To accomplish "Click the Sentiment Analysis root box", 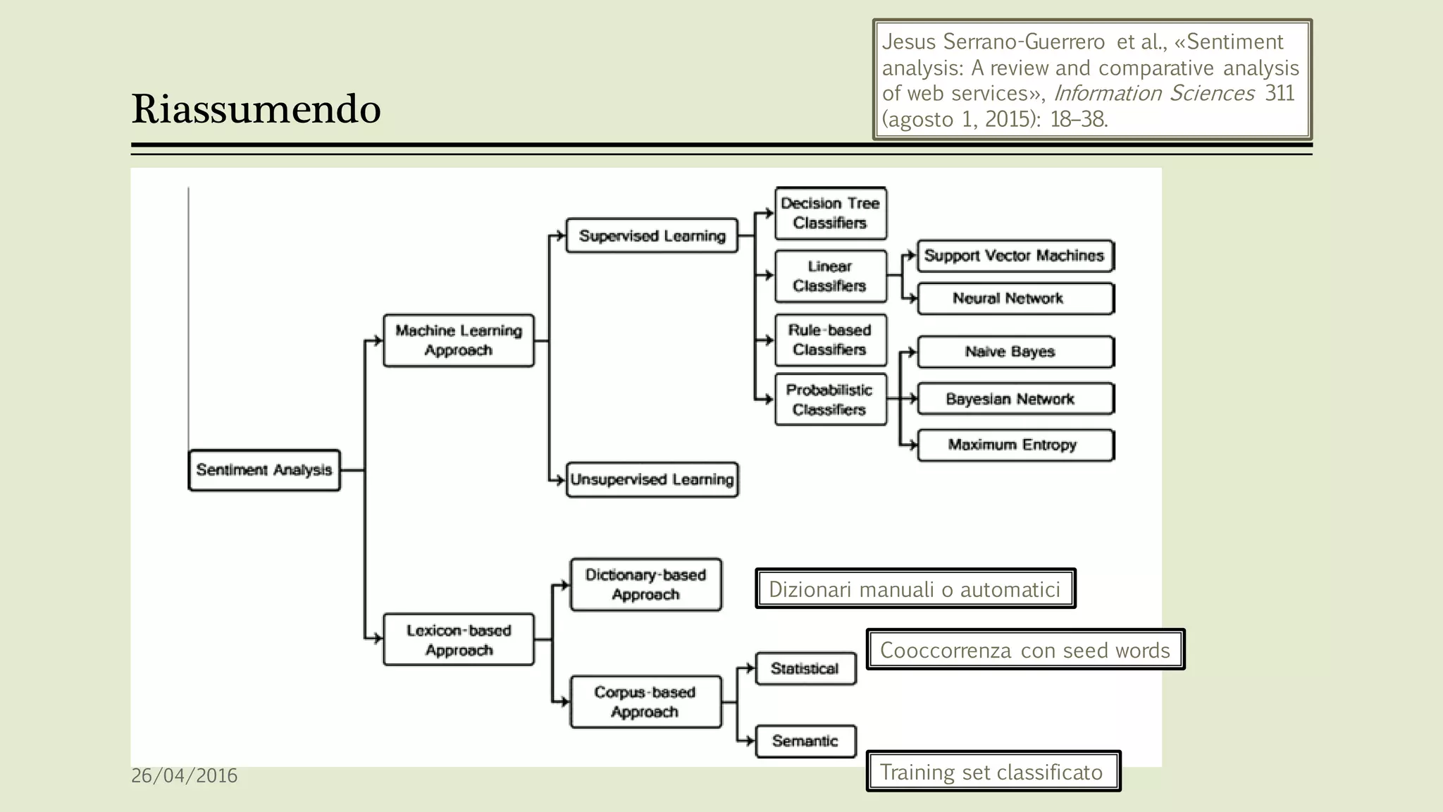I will pyautogui.click(x=264, y=470).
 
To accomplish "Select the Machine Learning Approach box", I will pyautogui.click(x=459, y=340).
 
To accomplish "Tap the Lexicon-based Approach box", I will pyautogui.click(x=459, y=640).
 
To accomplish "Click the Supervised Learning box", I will pyautogui.click(x=652, y=236).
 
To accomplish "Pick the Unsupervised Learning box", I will pyautogui.click(x=652, y=480).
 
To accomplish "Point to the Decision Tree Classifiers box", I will pyautogui.click(x=831, y=213).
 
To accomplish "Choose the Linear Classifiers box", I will pyautogui.click(x=831, y=276).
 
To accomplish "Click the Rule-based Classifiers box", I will pyautogui.click(x=831, y=340).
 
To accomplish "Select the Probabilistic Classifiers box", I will pyautogui.click(x=831, y=400).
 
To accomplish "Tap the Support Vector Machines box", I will pyautogui.click(x=1015, y=256).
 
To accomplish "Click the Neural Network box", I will pyautogui.click(x=1015, y=299).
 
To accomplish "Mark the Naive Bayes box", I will pyautogui.click(x=1015, y=352).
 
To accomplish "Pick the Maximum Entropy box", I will pyautogui.click(x=1015, y=445).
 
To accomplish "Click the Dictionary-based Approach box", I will pyautogui.click(x=645, y=585).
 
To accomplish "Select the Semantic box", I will pyautogui.click(x=805, y=742).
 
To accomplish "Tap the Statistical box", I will pyautogui.click(x=805, y=668).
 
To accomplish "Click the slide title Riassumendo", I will pyautogui.click(x=256, y=110).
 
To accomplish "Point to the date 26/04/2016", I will pyautogui.click(x=185, y=776).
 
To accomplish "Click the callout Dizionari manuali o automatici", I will pyautogui.click(x=915, y=589).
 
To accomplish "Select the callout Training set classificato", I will pyautogui.click(x=992, y=772).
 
